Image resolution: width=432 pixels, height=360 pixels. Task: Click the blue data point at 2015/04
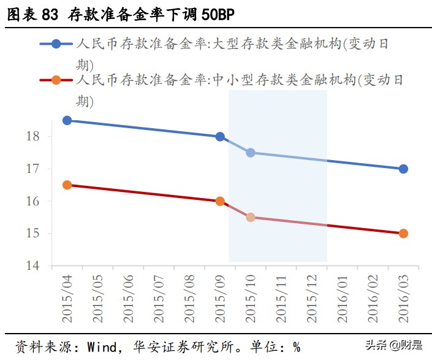click(x=67, y=120)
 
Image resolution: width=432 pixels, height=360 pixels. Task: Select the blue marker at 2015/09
click(x=220, y=136)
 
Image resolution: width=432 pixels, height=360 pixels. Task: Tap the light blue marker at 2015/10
click(x=251, y=153)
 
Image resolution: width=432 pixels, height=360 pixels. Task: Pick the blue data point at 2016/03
click(x=403, y=169)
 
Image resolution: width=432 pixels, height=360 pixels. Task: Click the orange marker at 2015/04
click(x=67, y=185)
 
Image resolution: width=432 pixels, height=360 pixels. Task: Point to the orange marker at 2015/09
click(x=220, y=201)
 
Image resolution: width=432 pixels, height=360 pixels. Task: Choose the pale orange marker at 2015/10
click(x=251, y=217)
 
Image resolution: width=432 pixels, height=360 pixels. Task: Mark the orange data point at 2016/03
click(x=403, y=234)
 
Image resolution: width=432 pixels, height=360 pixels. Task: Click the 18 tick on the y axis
click(x=33, y=136)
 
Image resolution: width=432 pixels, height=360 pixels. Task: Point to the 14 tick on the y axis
click(x=33, y=266)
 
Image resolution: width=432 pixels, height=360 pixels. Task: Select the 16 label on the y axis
click(x=33, y=201)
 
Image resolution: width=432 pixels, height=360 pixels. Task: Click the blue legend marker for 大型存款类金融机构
click(x=56, y=44)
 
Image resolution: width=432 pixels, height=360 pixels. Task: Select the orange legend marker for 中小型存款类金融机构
click(x=56, y=80)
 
